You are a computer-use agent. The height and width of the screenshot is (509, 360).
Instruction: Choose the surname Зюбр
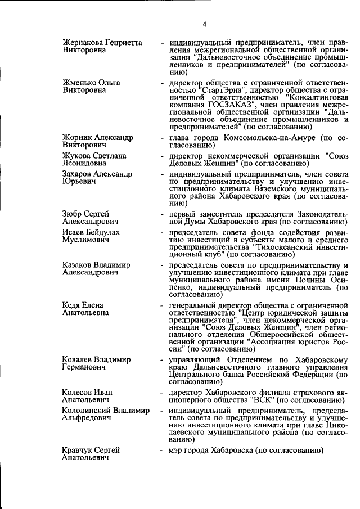click(73, 214)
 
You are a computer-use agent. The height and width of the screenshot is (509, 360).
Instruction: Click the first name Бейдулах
click(106, 232)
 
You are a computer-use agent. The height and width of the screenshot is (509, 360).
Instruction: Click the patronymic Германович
click(85, 367)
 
